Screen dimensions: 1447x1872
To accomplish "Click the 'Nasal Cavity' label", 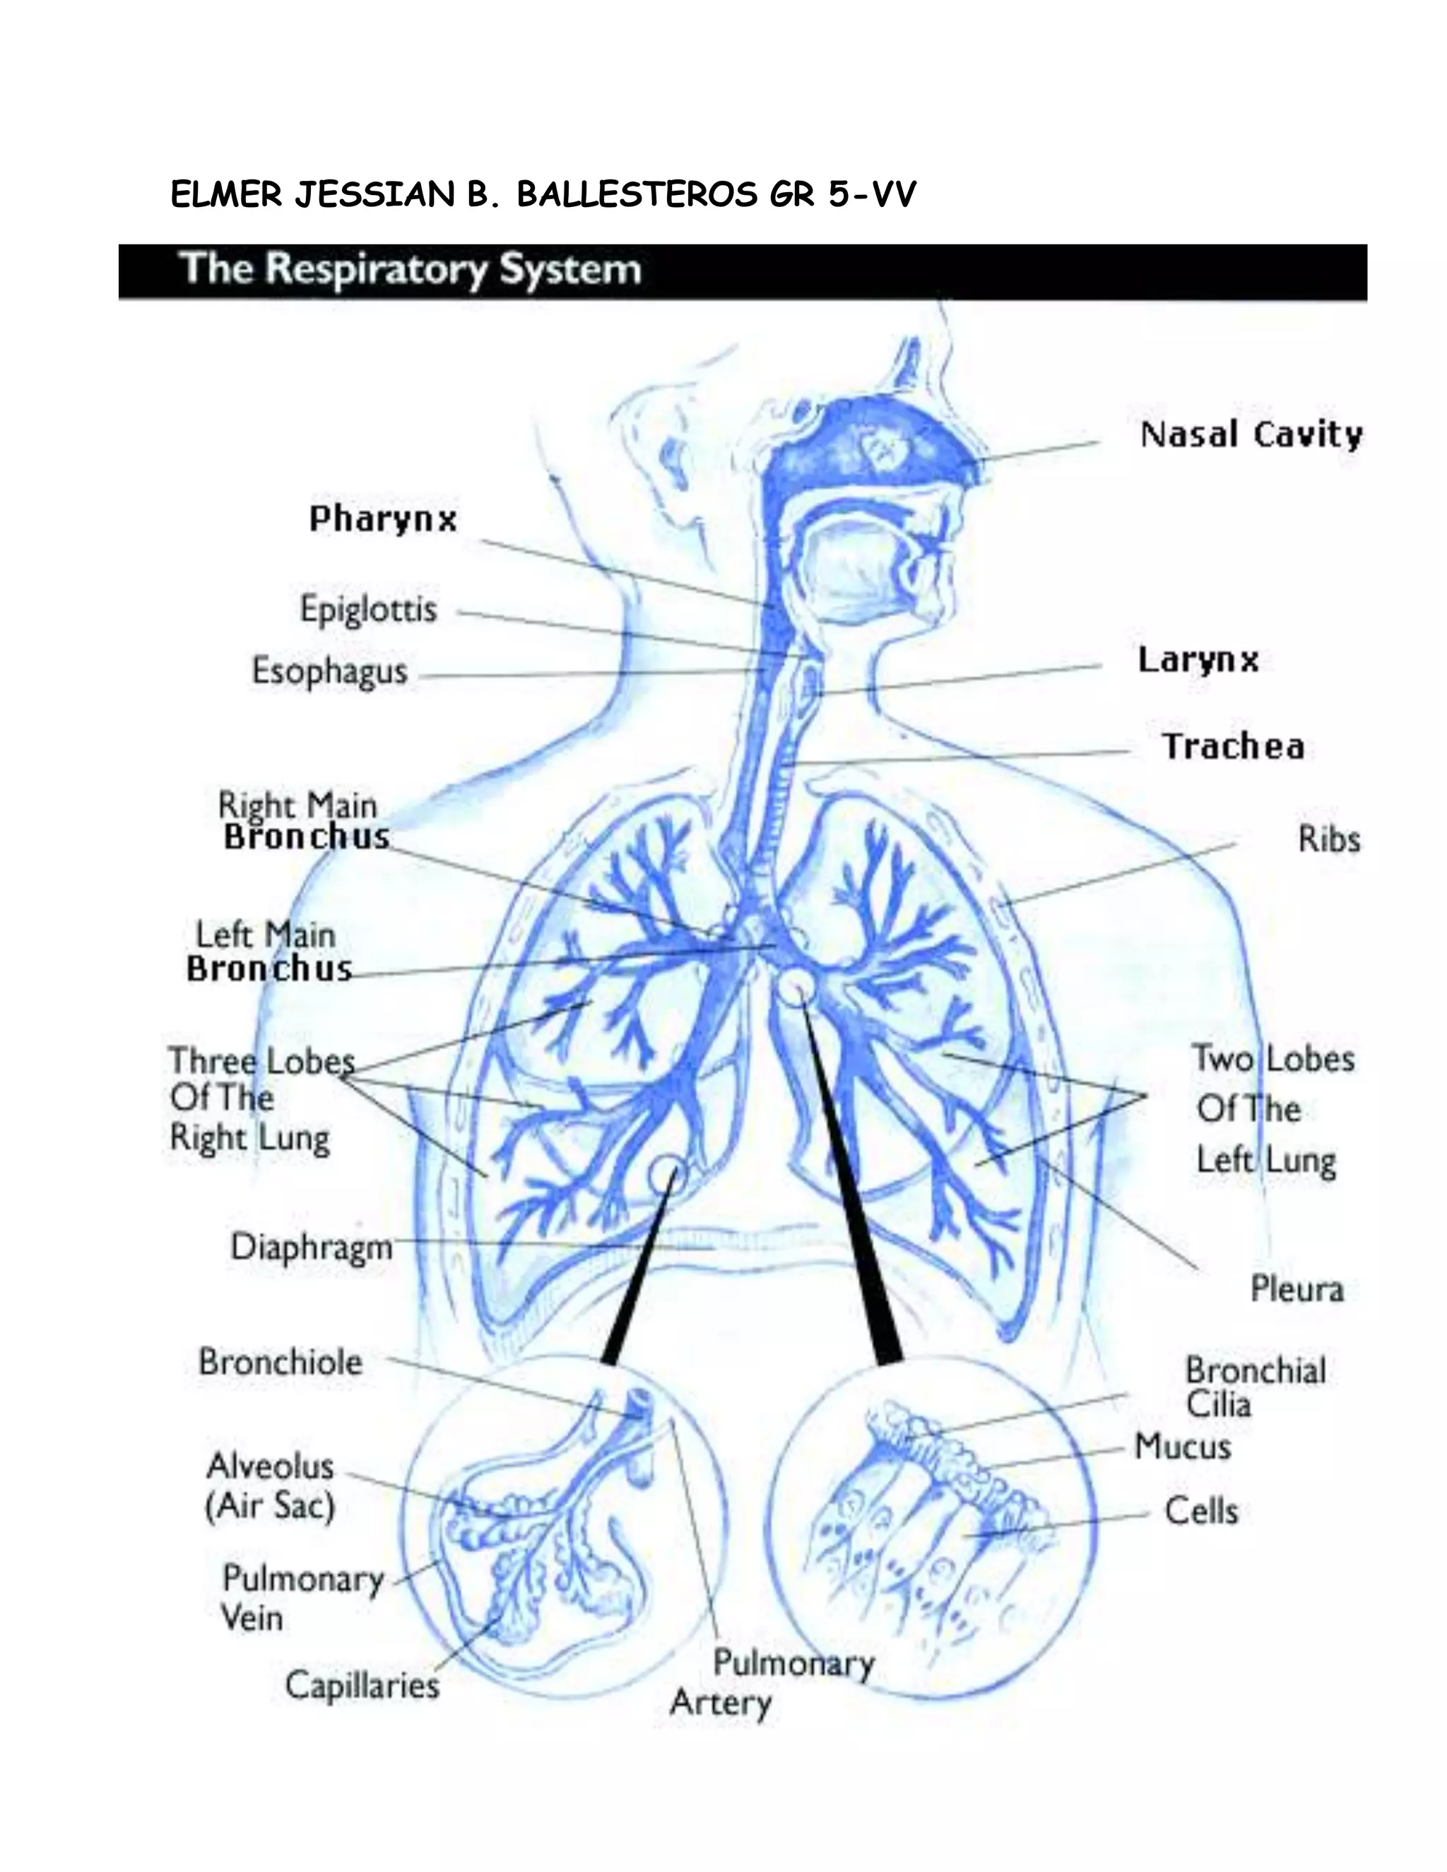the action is pyautogui.click(x=1251, y=434).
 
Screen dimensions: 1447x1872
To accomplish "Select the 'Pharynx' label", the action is pyautogui.click(x=383, y=519).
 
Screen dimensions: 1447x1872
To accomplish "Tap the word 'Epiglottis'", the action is pyautogui.click(x=369, y=610).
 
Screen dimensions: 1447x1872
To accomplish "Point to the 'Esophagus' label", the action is pyautogui.click(x=329, y=671).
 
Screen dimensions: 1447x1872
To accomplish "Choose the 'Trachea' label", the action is pyautogui.click(x=1234, y=747).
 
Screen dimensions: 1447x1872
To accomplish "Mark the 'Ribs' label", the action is pyautogui.click(x=1329, y=839).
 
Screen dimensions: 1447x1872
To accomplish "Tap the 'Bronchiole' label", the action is pyautogui.click(x=280, y=1362).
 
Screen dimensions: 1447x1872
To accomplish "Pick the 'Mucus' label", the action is pyautogui.click(x=1183, y=1447).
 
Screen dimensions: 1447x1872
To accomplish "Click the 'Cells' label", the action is pyautogui.click(x=1201, y=1511).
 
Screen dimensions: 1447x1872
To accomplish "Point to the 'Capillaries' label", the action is pyautogui.click(x=362, y=1686).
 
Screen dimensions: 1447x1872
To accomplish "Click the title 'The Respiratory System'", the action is pyautogui.click(x=411, y=269).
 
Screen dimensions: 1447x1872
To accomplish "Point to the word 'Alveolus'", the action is pyautogui.click(x=270, y=1467).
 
